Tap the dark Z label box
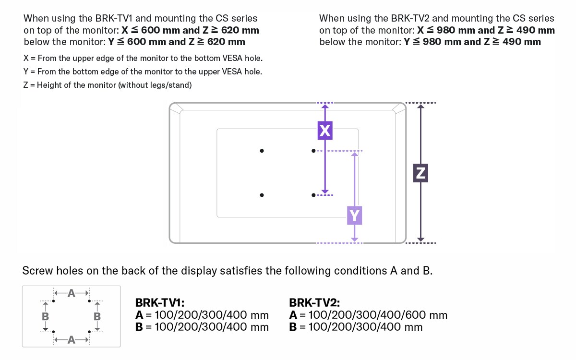click(x=420, y=173)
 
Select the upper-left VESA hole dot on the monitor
click(x=262, y=151)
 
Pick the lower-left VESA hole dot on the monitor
click(x=262, y=195)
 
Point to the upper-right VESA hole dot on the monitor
click(x=313, y=151)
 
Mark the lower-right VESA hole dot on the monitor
click(x=313, y=195)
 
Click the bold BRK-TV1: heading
click(x=160, y=303)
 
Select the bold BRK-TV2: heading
click(x=314, y=303)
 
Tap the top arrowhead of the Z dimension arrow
click(x=420, y=107)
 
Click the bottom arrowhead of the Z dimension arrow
click(x=420, y=239)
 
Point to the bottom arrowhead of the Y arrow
click(x=354, y=239)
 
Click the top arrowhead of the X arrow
click(x=325, y=107)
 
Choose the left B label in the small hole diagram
click(x=46, y=316)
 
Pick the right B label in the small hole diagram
click(x=97, y=316)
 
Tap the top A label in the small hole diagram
click(x=71, y=292)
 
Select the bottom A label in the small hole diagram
click(x=71, y=340)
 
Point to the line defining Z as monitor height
click(x=108, y=85)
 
